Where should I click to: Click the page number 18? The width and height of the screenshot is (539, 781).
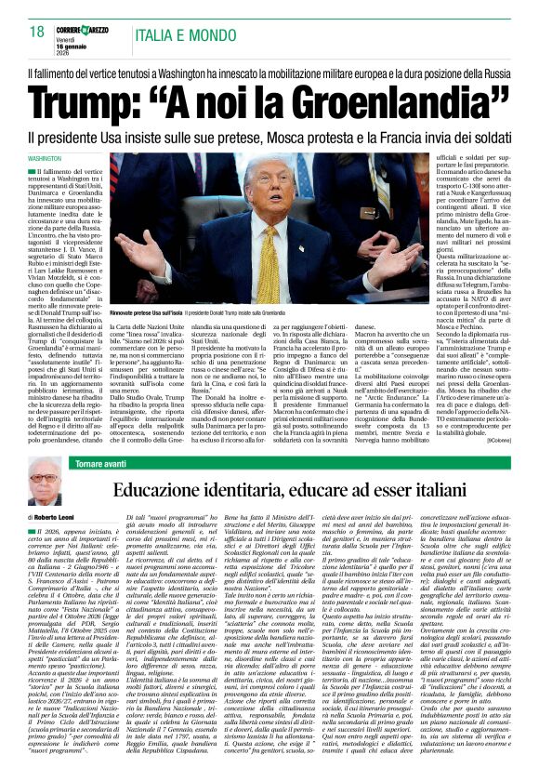click(x=37, y=33)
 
